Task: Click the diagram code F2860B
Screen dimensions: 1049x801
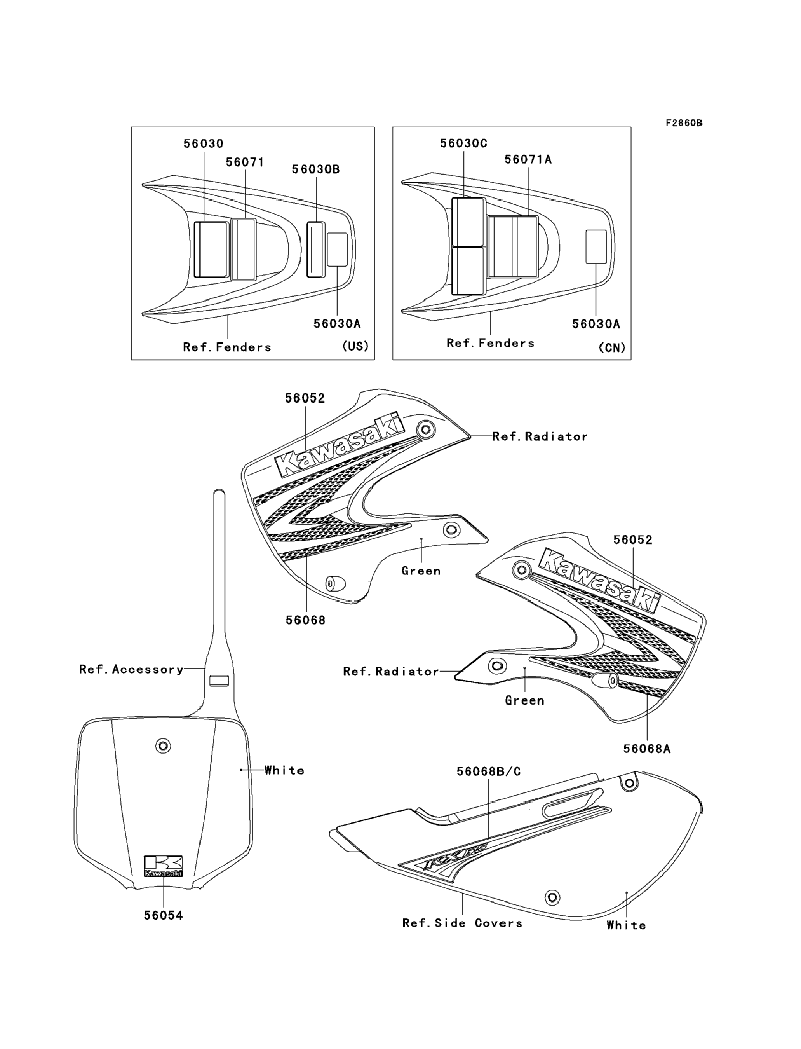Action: [x=684, y=123]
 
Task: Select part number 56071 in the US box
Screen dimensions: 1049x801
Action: [x=245, y=162]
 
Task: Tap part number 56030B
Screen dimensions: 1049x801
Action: [x=316, y=169]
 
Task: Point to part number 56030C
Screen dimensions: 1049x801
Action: [x=463, y=143]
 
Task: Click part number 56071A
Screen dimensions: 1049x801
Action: [x=528, y=160]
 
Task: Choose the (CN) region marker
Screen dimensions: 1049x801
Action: [x=612, y=348]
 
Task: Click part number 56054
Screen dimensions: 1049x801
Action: [x=164, y=915]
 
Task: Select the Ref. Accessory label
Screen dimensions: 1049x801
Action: [x=131, y=670]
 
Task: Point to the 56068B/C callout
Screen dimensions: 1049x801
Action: [x=489, y=771]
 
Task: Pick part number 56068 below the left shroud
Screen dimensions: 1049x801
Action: [x=306, y=620]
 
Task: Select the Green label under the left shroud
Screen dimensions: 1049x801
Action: [x=421, y=571]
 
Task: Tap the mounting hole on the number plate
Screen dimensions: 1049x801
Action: [x=163, y=745]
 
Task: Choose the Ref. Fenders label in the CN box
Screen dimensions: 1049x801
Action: [x=490, y=343]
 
